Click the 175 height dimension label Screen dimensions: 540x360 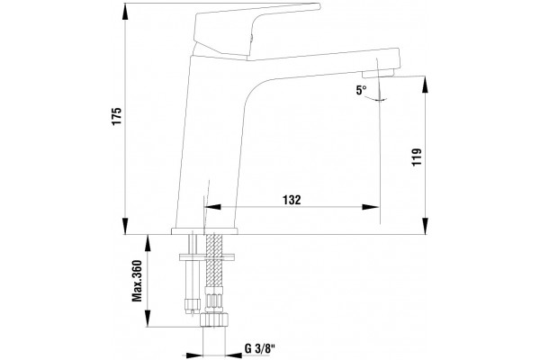[x=117, y=116]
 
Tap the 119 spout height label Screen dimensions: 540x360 [x=417, y=157]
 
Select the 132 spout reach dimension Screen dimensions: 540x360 [x=292, y=200]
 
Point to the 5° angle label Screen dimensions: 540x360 [x=361, y=90]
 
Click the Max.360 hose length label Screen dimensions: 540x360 [x=138, y=281]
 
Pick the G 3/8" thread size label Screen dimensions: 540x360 [x=260, y=349]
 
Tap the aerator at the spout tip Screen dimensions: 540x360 [x=378, y=73]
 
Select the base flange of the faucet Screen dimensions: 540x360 [x=204, y=230]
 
